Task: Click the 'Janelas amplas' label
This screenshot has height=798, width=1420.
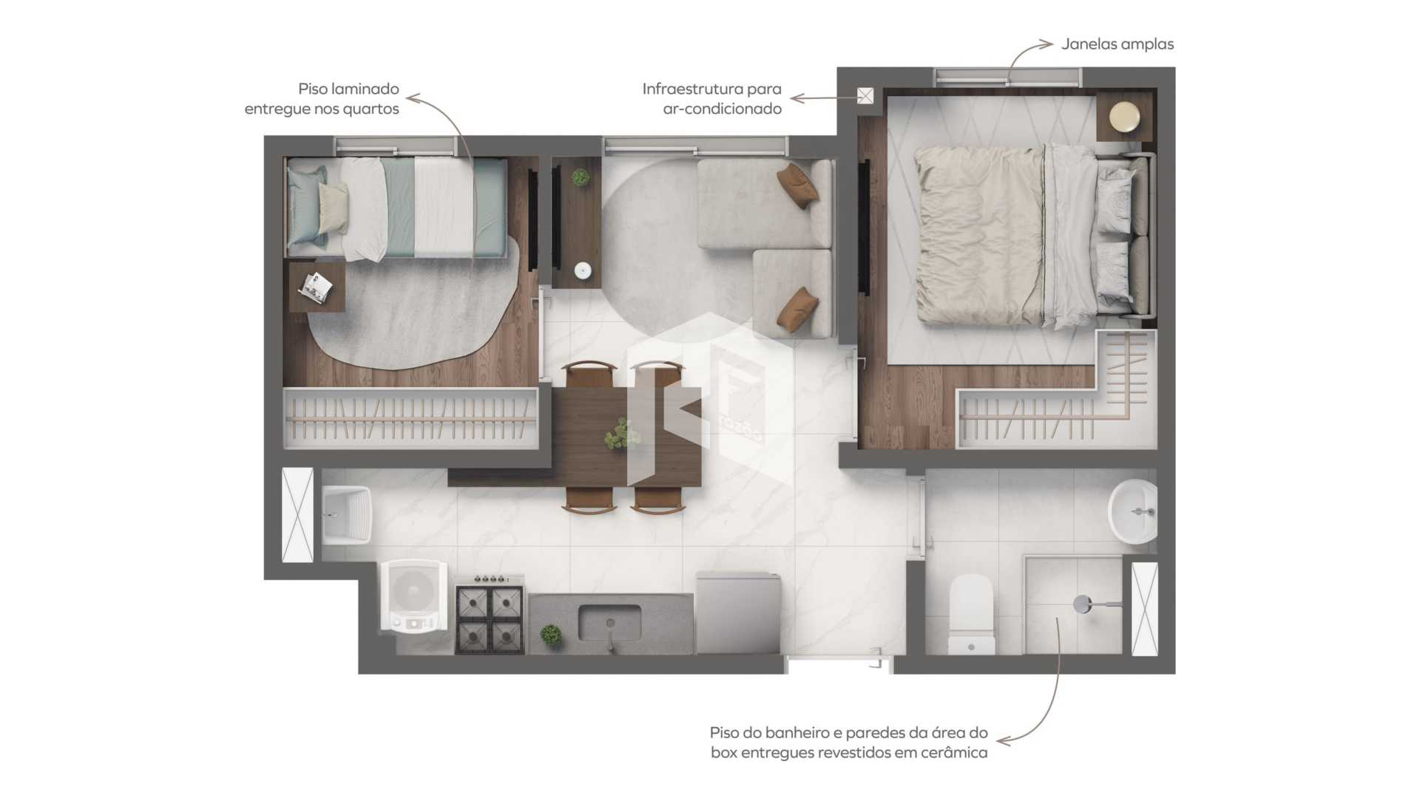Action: coord(1118,44)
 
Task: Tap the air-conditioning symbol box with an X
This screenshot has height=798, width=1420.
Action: coord(865,95)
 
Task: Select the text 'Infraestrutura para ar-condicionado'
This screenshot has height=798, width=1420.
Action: coord(711,99)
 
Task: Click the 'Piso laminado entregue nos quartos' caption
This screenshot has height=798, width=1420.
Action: coord(322,99)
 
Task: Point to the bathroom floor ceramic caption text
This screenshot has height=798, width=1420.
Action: coord(848,743)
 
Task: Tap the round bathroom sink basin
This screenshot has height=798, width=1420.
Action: coord(1132,510)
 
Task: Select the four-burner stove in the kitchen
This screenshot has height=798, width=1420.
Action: coord(490,617)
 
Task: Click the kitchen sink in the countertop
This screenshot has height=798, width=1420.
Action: coord(609,624)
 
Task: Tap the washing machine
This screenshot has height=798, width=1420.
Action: coord(413,596)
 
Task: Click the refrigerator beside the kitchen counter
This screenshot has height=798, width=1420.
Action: coord(738,613)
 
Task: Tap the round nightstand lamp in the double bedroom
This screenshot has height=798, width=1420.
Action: coord(1124,117)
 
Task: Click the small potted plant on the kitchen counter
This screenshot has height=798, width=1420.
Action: coord(550,634)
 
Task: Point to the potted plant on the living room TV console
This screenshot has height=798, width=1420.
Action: coord(581,177)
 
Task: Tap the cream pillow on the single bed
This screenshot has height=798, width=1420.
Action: coord(333,208)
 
